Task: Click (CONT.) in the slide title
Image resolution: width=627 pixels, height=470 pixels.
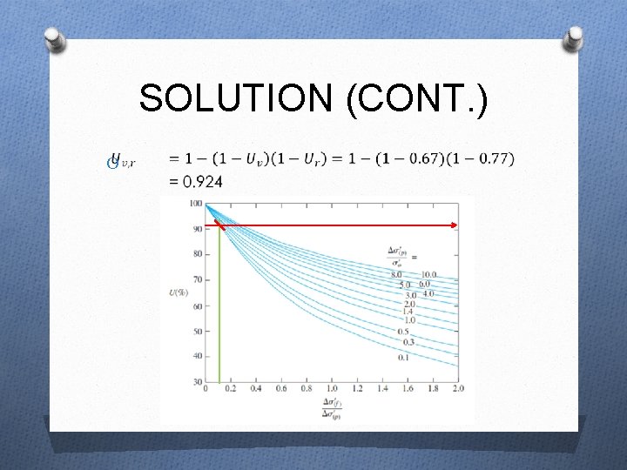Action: click(417, 97)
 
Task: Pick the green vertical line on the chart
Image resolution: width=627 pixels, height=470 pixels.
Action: click(219, 305)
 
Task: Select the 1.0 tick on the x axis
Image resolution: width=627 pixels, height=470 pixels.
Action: click(331, 388)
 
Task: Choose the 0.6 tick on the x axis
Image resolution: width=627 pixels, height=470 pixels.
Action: click(280, 388)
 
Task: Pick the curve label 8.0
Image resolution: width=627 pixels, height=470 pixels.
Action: click(398, 275)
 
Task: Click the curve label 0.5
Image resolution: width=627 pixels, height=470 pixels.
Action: click(403, 332)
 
